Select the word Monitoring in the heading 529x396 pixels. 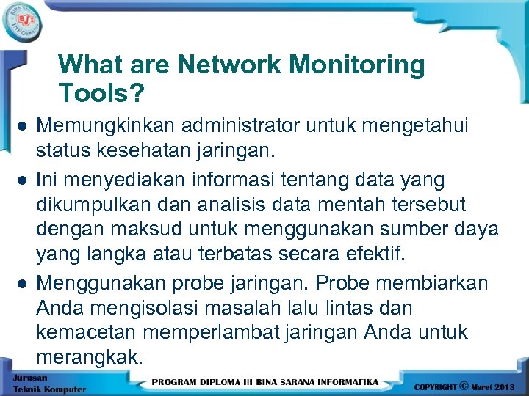coord(357,65)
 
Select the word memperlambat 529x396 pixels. coord(212,332)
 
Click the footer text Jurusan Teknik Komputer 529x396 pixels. coord(48,384)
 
